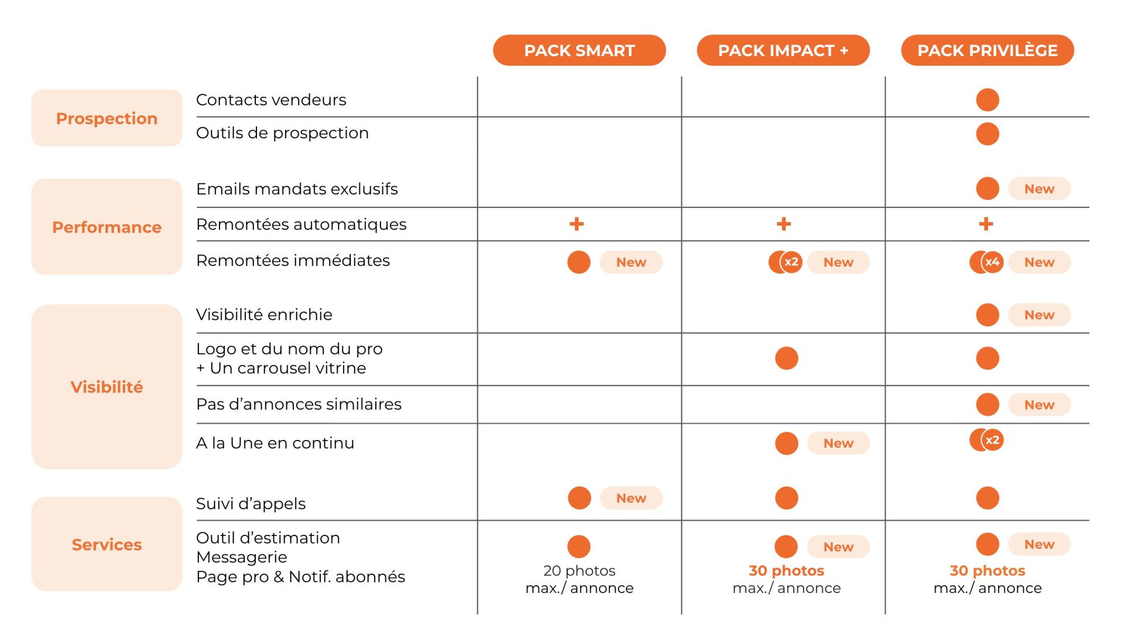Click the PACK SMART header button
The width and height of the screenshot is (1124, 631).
pos(579,50)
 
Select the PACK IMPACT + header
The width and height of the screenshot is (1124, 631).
pos(783,50)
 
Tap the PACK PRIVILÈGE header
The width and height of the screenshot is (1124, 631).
pos(987,50)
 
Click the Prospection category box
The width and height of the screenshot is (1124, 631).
pos(107,118)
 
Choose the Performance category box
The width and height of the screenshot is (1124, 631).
pos(107,227)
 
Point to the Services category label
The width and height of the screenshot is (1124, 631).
pos(107,544)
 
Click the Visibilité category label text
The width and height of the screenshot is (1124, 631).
pos(107,387)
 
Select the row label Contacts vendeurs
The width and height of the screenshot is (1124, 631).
pos(271,100)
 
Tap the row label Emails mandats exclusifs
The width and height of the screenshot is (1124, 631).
pos(297,189)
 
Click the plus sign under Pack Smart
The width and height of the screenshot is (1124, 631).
pos(577,224)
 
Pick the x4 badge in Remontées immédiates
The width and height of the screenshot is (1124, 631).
pos(992,262)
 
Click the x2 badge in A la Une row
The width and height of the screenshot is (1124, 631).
pos(992,440)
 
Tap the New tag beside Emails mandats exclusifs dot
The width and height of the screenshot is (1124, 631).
pos(1039,189)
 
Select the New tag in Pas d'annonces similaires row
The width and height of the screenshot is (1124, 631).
pos(1039,404)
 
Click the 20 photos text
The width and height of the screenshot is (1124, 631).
pos(579,570)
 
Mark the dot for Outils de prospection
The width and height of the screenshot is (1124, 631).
pos(987,134)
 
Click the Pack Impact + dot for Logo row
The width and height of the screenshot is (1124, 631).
pos(786,358)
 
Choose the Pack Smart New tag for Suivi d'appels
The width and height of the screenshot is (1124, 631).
pos(631,498)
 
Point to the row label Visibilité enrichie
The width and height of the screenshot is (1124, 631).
pos(264,315)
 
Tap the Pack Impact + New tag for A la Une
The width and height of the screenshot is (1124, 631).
pos(838,443)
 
